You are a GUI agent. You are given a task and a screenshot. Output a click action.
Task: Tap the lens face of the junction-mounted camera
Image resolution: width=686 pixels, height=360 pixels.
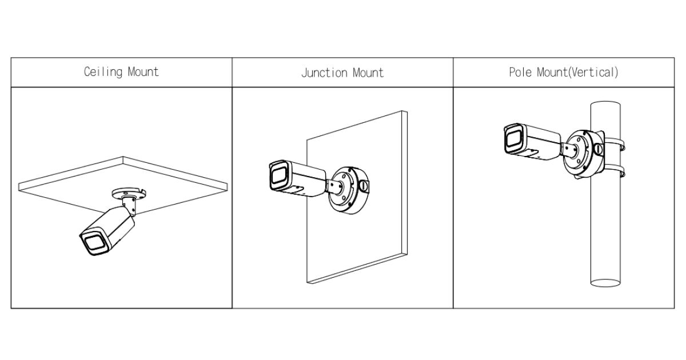[279, 176]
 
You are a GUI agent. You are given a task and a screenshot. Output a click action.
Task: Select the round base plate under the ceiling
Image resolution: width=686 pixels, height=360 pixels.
[128, 193]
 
